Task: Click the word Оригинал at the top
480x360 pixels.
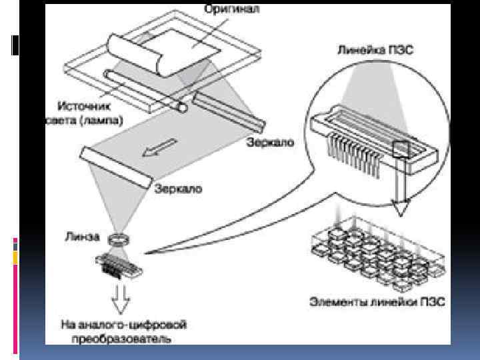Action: (231, 10)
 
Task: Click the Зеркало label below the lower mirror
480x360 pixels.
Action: (179, 189)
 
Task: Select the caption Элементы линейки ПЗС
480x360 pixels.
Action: (377, 301)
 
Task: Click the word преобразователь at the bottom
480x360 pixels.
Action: (115, 338)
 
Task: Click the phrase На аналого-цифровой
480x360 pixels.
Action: (123, 325)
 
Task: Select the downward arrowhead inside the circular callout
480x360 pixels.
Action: (399, 208)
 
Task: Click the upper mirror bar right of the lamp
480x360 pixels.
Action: (230, 112)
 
